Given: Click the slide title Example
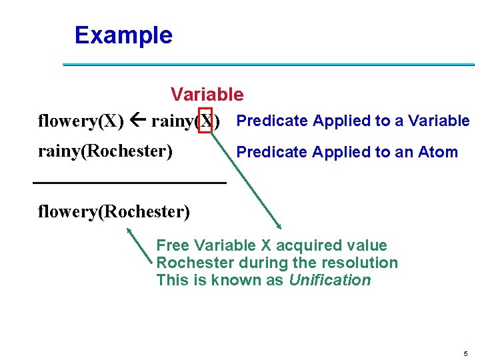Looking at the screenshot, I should [x=123, y=35].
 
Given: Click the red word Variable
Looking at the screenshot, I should [x=207, y=95].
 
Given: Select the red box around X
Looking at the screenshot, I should [x=205, y=121].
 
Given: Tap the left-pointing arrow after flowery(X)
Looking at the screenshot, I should [x=138, y=121].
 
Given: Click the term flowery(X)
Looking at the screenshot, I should [x=81, y=121].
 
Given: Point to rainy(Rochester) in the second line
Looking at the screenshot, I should [x=105, y=151].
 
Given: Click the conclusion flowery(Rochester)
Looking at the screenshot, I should [x=114, y=212].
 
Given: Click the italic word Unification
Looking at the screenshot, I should [x=329, y=280].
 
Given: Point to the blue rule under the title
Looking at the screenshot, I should [x=268, y=64].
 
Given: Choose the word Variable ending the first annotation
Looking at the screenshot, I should [x=439, y=121].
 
